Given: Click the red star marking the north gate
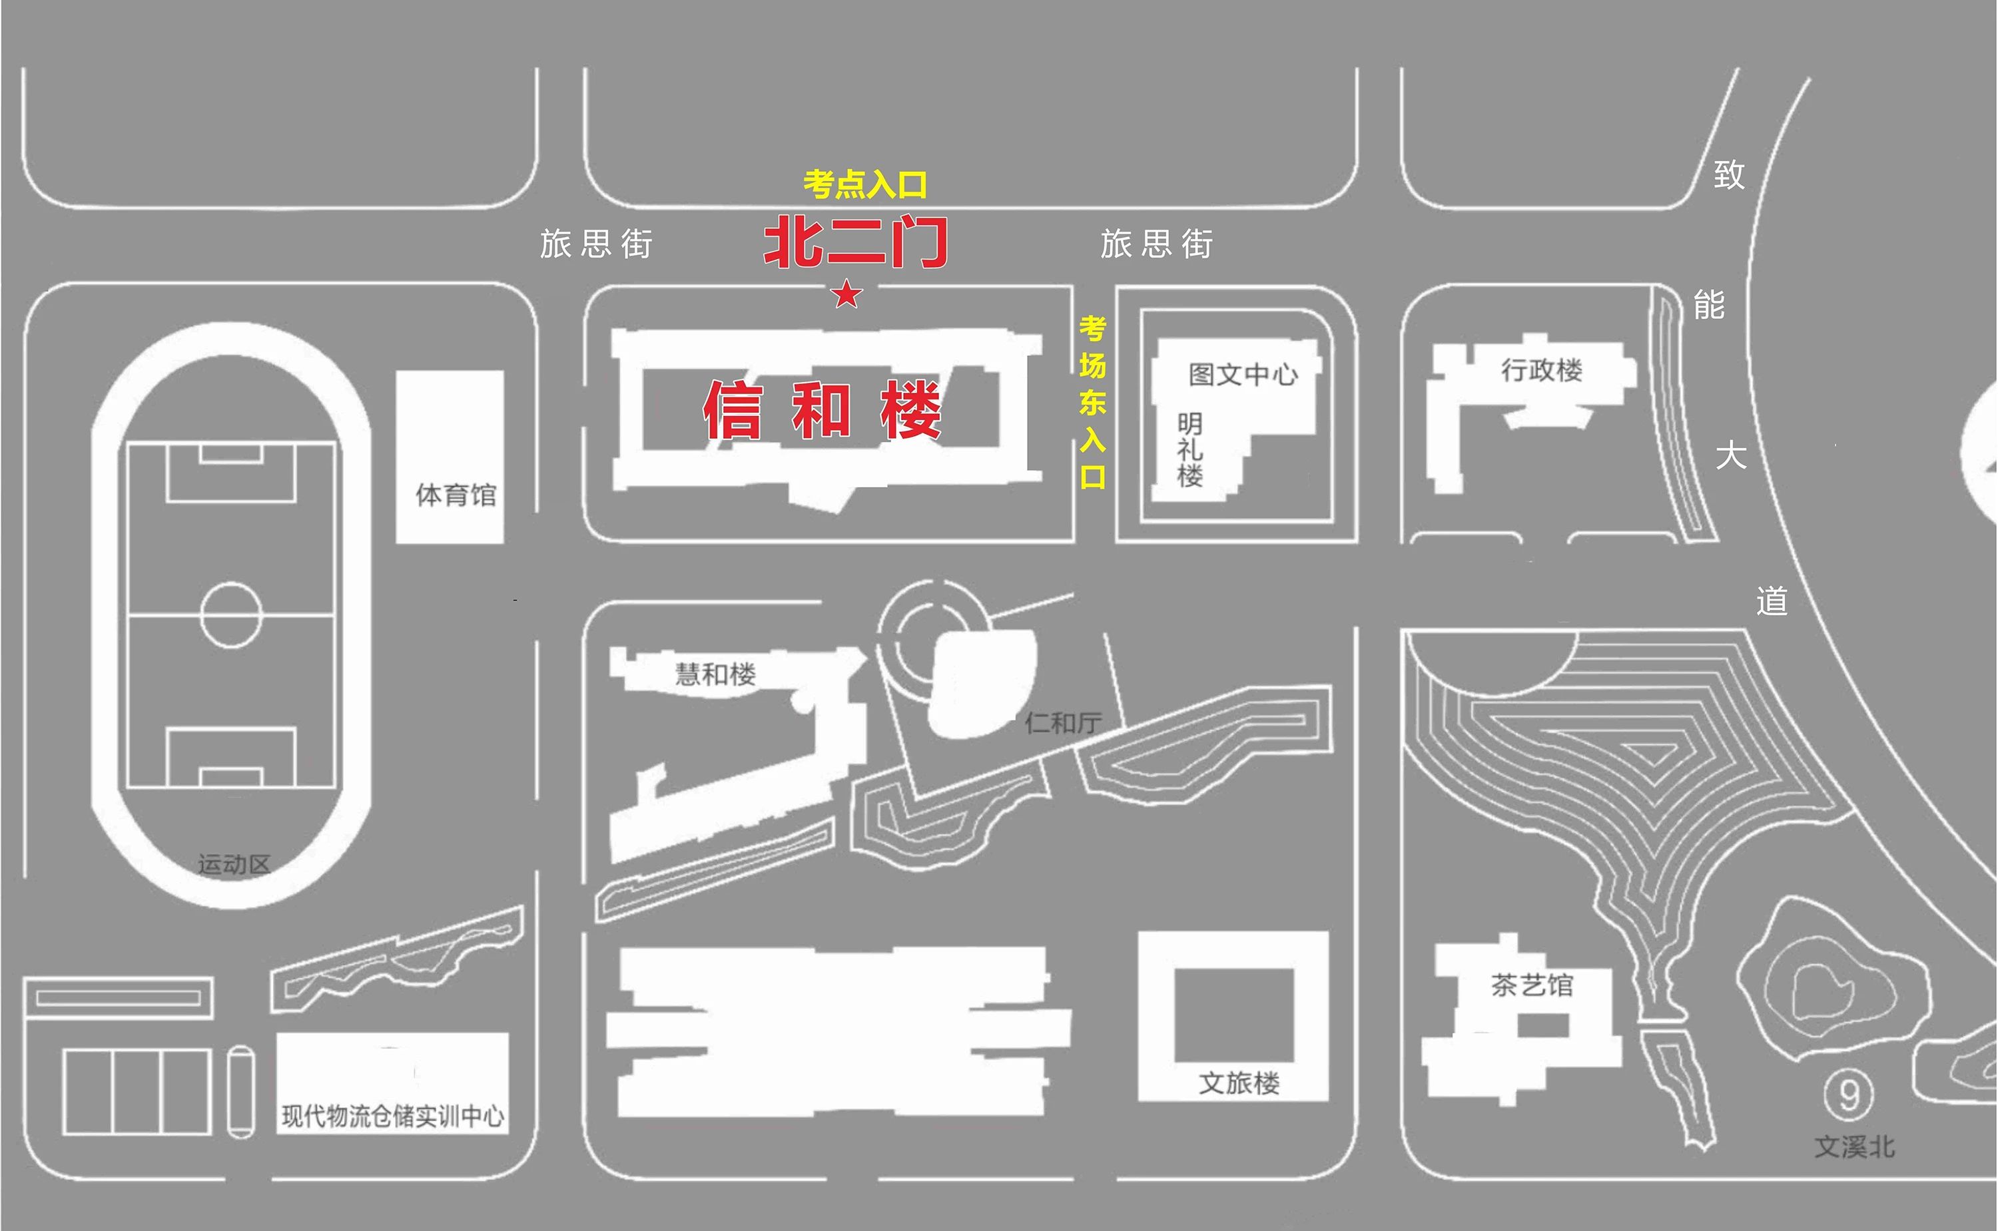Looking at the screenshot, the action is [x=846, y=294].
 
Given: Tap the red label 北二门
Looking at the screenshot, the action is [x=856, y=242].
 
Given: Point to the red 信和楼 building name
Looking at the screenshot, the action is [x=823, y=409].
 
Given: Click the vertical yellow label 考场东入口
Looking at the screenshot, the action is [x=1093, y=402].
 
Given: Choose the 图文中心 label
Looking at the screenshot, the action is [x=1243, y=375].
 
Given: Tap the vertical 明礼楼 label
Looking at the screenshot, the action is [x=1189, y=450].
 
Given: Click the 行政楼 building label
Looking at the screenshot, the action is [x=1542, y=370].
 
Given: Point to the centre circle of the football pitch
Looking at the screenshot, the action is [x=231, y=615].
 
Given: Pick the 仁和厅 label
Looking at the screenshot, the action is [x=1064, y=722].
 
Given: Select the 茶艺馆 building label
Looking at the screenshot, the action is [x=1532, y=985].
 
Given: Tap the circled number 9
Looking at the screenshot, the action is [x=1848, y=1096].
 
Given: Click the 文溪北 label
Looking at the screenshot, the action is [x=1855, y=1147].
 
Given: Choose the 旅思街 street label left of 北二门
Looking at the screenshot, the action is [x=596, y=244].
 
